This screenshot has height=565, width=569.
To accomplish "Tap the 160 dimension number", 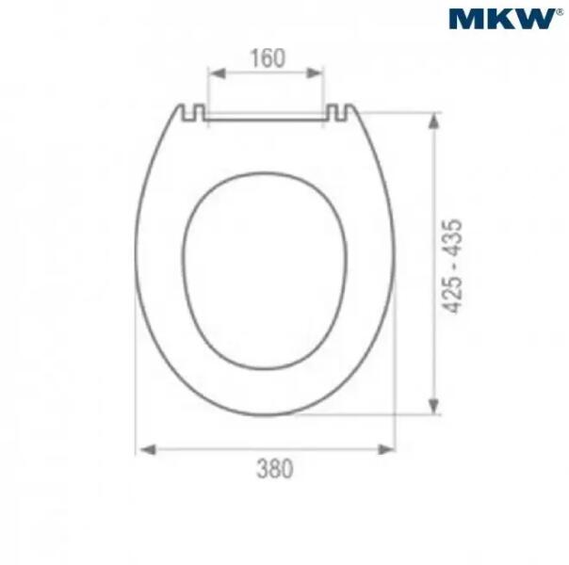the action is pyautogui.click(x=268, y=58).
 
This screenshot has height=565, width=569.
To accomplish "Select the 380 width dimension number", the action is pyautogui.click(x=275, y=469).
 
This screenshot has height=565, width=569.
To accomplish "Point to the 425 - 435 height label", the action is pyautogui.click(x=452, y=266).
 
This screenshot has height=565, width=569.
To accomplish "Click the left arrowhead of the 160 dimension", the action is pyautogui.click(x=218, y=73).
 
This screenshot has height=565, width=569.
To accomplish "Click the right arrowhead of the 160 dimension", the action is pyautogui.click(x=315, y=73).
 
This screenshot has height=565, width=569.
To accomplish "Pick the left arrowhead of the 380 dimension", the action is pyautogui.click(x=148, y=450).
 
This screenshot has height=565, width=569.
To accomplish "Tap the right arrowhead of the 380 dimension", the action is pyautogui.click(x=386, y=450).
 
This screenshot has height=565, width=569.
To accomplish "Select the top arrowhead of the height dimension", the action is pyautogui.click(x=433, y=121).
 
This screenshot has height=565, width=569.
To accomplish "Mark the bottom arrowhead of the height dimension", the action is pyautogui.click(x=433, y=406).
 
